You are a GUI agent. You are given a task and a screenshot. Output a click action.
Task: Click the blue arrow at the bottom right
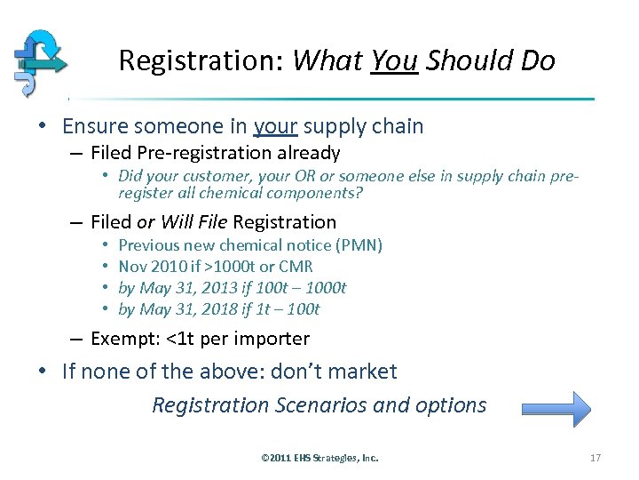(556, 410)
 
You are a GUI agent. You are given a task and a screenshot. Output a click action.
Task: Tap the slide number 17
(595, 458)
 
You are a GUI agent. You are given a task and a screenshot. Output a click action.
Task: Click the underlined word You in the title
(394, 61)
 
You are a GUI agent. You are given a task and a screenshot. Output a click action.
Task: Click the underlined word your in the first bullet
(275, 127)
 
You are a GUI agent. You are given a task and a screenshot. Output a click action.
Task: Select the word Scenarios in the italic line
(322, 405)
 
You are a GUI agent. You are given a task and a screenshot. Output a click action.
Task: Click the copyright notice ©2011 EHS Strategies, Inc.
(319, 458)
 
